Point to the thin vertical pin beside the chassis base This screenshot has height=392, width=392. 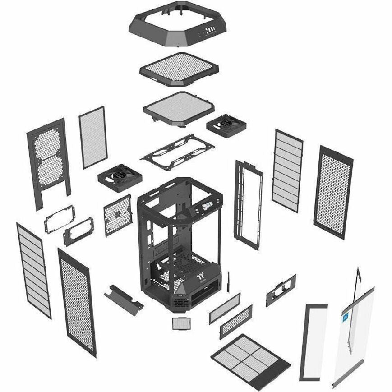pyautogui.click(x=229, y=282)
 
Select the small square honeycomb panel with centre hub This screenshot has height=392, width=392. pyautogui.click(x=117, y=215)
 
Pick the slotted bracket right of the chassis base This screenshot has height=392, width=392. pyautogui.click(x=281, y=290)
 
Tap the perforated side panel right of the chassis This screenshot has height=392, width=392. pyautogui.click(x=333, y=191)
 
